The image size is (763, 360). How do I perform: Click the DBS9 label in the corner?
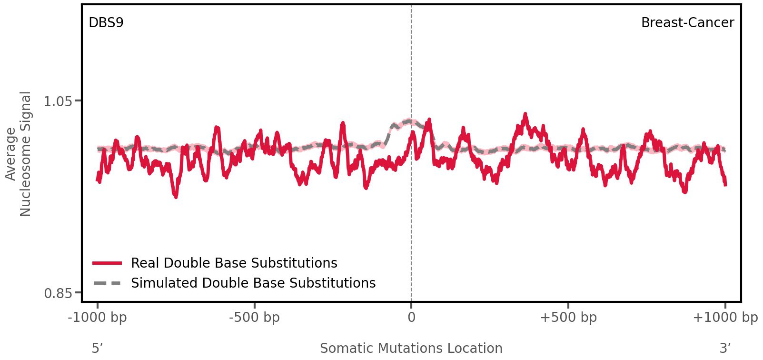coord(106,23)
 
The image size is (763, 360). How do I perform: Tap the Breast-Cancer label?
coord(687,23)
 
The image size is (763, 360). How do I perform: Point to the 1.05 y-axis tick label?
coord(58,101)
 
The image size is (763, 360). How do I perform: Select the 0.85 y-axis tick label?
coord(58,293)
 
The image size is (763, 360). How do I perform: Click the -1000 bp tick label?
coord(98,318)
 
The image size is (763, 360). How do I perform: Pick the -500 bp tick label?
coord(254,318)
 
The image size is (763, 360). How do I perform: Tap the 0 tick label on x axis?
coord(411,318)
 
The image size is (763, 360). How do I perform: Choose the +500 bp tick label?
coord(568,318)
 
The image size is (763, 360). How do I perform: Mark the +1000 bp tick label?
coord(724,318)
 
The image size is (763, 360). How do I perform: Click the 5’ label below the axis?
coord(97,348)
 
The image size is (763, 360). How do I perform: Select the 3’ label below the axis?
coord(725,348)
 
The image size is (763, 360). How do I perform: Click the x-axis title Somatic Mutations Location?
coord(411,348)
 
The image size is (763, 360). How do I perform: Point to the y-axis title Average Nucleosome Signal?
coord(18,154)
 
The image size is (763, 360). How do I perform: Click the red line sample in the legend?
coord(108,263)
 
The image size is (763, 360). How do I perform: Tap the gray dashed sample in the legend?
coord(108,283)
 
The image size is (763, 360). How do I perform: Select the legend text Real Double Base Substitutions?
coord(234,263)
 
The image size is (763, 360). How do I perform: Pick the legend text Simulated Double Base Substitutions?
coord(253,283)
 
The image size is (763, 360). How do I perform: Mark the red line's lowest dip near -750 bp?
coord(176,196)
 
